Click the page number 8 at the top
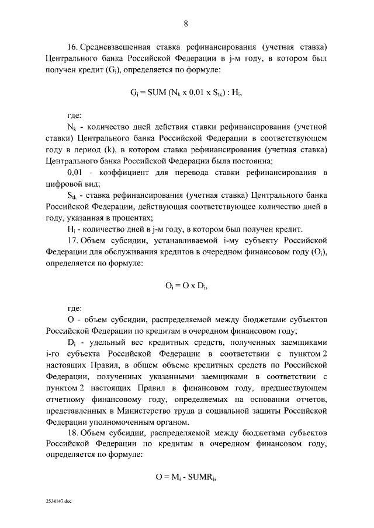tap(186, 24)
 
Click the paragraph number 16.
tap(72, 47)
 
